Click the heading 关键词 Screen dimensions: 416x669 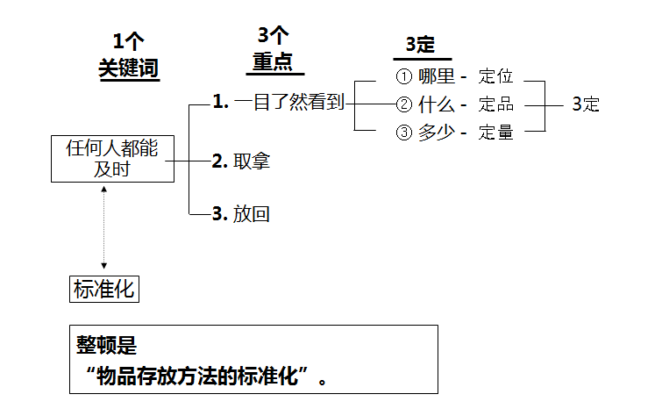coord(129,68)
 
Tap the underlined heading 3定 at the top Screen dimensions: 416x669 coord(421,46)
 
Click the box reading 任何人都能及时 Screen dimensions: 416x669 coord(112,158)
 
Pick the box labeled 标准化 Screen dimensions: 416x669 coord(103,289)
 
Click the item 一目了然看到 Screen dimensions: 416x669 coord(289,103)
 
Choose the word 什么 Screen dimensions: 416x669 coord(436,105)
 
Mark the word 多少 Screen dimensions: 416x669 coord(436,133)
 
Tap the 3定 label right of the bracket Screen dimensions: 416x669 coord(586,104)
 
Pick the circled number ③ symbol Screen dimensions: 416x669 coord(404,133)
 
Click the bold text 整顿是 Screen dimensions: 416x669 coord(106,346)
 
